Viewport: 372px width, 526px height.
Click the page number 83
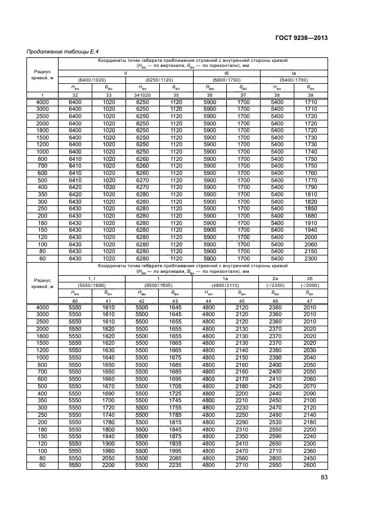click(x=324, y=478)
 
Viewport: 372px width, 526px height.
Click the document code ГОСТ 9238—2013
click(x=301, y=38)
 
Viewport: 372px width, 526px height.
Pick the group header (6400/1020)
click(x=91, y=80)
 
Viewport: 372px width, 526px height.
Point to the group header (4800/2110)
click(x=225, y=285)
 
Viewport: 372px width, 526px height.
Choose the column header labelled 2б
click(x=310, y=278)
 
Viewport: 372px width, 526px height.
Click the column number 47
click(x=310, y=300)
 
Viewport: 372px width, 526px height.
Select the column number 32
click(x=74, y=95)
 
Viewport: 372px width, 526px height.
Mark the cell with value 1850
click(x=310, y=208)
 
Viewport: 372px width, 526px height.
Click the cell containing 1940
click(x=310, y=230)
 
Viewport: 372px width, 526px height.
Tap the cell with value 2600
click(x=310, y=466)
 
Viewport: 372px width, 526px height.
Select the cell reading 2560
click(x=242, y=458)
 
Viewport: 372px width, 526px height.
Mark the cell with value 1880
click(x=310, y=215)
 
